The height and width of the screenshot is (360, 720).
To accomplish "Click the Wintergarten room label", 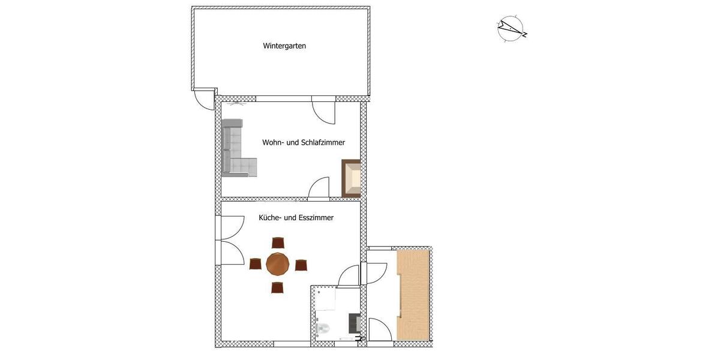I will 284,46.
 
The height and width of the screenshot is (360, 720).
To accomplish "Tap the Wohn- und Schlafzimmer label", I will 303,143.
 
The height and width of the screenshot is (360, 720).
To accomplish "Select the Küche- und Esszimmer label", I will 296,218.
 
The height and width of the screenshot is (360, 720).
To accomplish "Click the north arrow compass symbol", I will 511,28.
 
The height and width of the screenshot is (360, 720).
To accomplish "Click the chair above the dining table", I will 277,242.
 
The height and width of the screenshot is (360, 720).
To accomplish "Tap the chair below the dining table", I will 277,287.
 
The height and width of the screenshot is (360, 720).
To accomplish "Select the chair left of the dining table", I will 255,264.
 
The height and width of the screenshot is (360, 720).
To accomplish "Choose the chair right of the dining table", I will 301,265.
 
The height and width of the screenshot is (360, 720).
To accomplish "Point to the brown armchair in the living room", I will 352,178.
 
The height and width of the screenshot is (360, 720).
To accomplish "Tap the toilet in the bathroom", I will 322,328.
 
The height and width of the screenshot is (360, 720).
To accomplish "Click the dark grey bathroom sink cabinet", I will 354,323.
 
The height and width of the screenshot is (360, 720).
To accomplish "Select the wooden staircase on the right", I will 413,295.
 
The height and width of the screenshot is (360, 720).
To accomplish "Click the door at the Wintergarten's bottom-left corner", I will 204,100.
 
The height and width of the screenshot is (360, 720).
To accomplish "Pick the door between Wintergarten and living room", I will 325,112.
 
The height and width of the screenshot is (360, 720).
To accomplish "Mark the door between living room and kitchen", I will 319,188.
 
